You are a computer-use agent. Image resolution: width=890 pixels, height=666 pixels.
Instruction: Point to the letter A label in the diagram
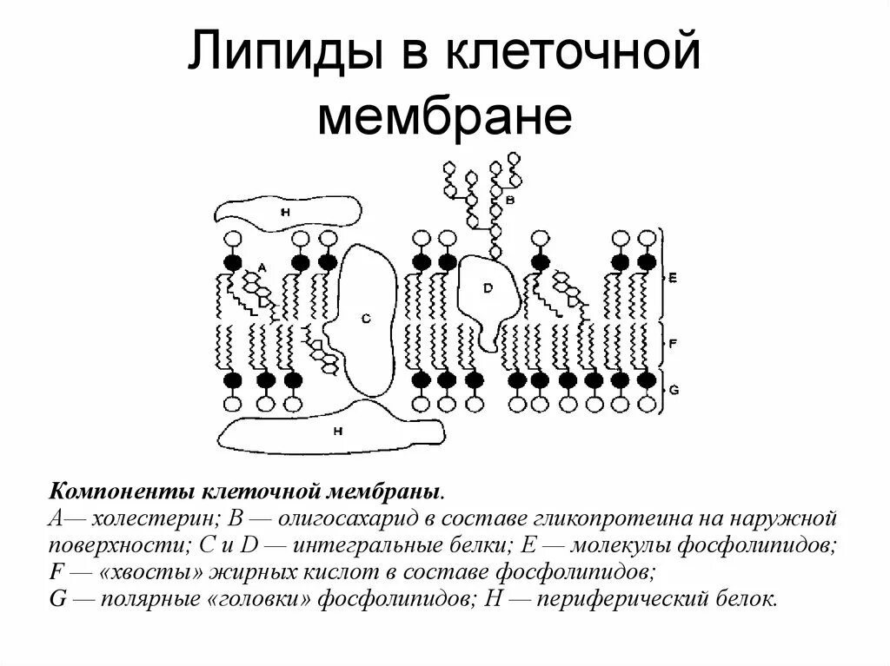(260, 267)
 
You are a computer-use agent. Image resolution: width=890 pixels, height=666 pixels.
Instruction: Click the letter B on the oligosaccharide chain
(510, 199)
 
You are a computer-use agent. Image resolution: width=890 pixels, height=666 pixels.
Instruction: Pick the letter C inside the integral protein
(366, 319)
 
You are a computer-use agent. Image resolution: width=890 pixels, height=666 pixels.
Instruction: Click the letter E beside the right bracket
(673, 278)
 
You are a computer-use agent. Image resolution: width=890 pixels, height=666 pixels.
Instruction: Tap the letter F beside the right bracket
(673, 344)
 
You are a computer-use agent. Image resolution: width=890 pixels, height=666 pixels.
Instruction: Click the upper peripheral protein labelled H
(287, 211)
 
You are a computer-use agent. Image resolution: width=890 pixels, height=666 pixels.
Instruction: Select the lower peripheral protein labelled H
(339, 431)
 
